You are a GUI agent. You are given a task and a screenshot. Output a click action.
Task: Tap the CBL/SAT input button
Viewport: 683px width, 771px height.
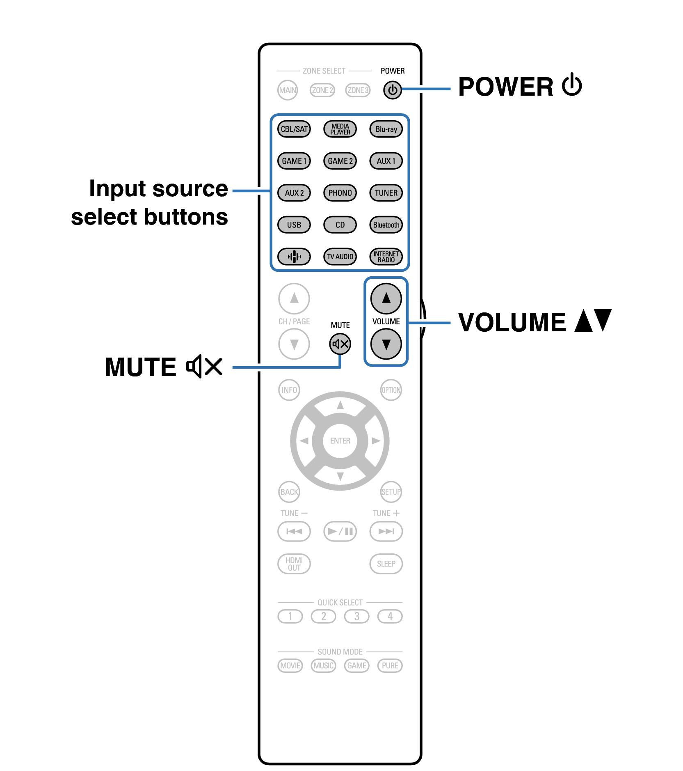[x=294, y=129]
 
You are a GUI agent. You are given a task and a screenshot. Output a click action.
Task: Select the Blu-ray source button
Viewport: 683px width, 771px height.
[x=386, y=129]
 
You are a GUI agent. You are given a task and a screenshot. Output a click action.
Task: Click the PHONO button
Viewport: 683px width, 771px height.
[x=340, y=193]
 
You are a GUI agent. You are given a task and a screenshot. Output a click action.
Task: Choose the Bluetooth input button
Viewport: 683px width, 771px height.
[x=386, y=225]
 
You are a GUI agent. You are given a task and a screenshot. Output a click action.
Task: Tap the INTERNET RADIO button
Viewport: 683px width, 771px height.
[x=386, y=257]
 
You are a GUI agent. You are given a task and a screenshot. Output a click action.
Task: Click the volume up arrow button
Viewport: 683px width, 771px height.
[x=386, y=298]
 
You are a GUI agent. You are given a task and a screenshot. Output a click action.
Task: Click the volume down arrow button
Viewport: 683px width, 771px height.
[x=386, y=344]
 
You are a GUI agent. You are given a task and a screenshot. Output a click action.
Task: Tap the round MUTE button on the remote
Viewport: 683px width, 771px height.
[x=340, y=344]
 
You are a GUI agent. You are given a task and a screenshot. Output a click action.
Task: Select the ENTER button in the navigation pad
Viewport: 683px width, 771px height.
[x=340, y=441]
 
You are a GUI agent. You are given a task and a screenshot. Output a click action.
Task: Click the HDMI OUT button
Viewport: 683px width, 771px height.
[x=294, y=564]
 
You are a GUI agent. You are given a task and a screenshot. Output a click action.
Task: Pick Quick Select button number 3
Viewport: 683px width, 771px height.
[x=356, y=616]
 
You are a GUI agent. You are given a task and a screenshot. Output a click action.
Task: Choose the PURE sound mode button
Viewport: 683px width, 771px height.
[x=390, y=665]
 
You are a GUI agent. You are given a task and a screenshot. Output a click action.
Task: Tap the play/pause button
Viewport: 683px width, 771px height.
[x=340, y=532]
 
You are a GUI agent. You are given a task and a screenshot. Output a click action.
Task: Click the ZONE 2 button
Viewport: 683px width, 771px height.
[x=322, y=90]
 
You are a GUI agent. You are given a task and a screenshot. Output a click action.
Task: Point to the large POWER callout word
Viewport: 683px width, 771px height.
[x=505, y=87]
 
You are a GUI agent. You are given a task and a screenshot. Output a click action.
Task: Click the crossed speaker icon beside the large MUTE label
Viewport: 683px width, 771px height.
[x=204, y=366]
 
